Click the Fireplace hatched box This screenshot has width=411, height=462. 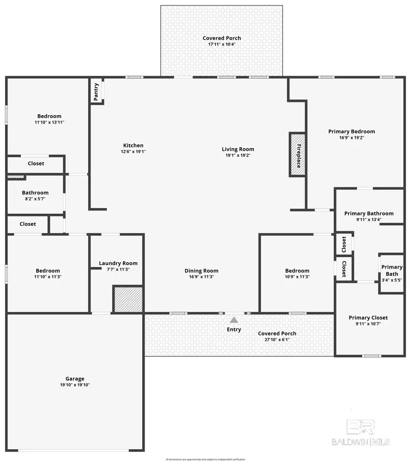[x=298, y=154]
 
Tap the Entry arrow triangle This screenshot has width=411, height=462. [x=234, y=320]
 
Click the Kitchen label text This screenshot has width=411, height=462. [x=133, y=145]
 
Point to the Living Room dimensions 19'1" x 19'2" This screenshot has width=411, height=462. [x=237, y=155]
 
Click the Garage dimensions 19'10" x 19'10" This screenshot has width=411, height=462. [x=74, y=385]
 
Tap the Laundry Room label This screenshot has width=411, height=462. [x=118, y=263]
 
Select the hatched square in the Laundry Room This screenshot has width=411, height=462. [x=128, y=300]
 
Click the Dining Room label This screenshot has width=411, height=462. [x=201, y=271]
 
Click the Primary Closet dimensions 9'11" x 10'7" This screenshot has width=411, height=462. [x=368, y=324]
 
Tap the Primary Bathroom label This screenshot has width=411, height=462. [x=369, y=213]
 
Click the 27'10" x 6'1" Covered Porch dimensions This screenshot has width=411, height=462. [x=277, y=340]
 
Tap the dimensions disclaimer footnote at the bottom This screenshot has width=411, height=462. [x=205, y=459]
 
